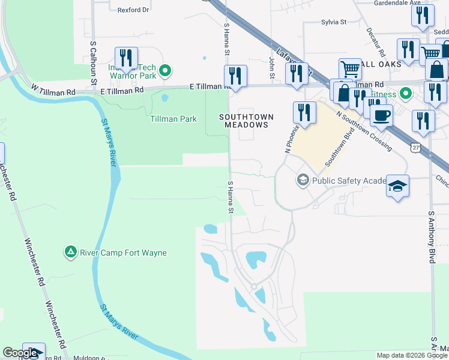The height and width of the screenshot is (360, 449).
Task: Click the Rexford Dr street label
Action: click(133, 10)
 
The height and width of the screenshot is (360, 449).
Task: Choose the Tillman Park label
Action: click(173, 119)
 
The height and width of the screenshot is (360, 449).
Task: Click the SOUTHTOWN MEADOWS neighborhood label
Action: click(246, 121)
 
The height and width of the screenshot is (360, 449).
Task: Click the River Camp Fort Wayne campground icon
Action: click(71, 252)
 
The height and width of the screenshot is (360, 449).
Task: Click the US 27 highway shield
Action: click(415, 147)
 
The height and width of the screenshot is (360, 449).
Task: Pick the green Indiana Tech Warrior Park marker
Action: click(166, 71)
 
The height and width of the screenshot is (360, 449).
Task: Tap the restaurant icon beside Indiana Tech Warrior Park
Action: click(126, 58)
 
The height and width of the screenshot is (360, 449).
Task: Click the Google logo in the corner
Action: click(20, 353)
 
